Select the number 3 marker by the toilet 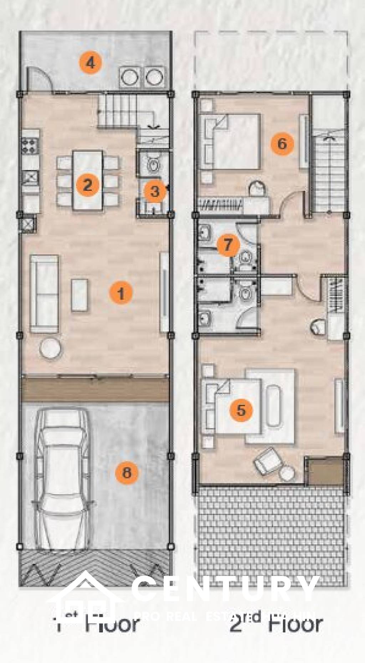[x=154, y=192]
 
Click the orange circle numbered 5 [x=241, y=410]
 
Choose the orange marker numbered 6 [x=282, y=143]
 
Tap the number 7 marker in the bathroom [x=228, y=245]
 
